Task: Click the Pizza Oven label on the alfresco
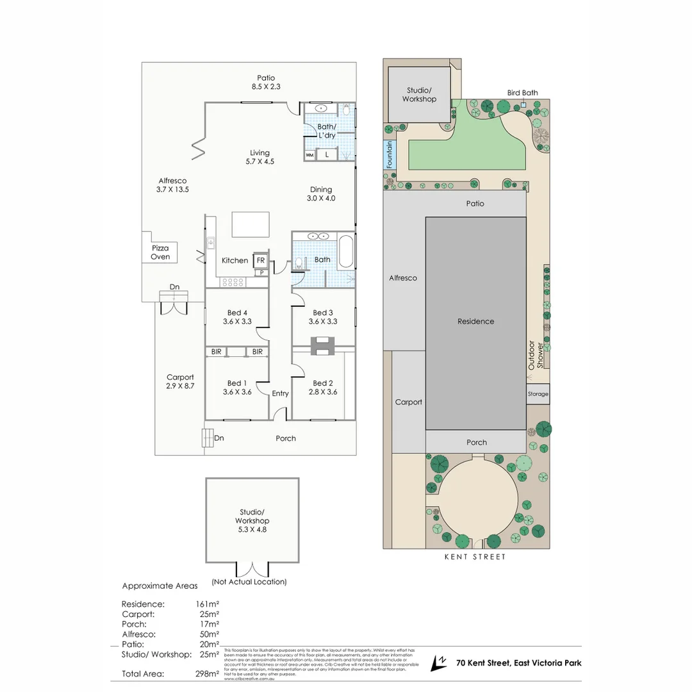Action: pos(160,252)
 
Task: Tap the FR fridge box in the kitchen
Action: pos(260,260)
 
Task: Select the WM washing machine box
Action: pos(309,155)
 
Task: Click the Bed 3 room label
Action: pos(322,313)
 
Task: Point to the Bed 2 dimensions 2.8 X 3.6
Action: pos(322,392)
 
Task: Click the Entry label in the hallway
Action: pos(280,393)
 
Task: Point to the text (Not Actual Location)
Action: pos(249,582)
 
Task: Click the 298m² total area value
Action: pos(208,673)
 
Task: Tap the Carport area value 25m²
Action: pos(209,614)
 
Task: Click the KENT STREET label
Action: pos(475,557)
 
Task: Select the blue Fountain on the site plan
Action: pos(389,155)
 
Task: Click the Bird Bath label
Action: pos(522,93)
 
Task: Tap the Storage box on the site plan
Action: pos(538,394)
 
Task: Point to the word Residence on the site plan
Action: pos(475,321)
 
